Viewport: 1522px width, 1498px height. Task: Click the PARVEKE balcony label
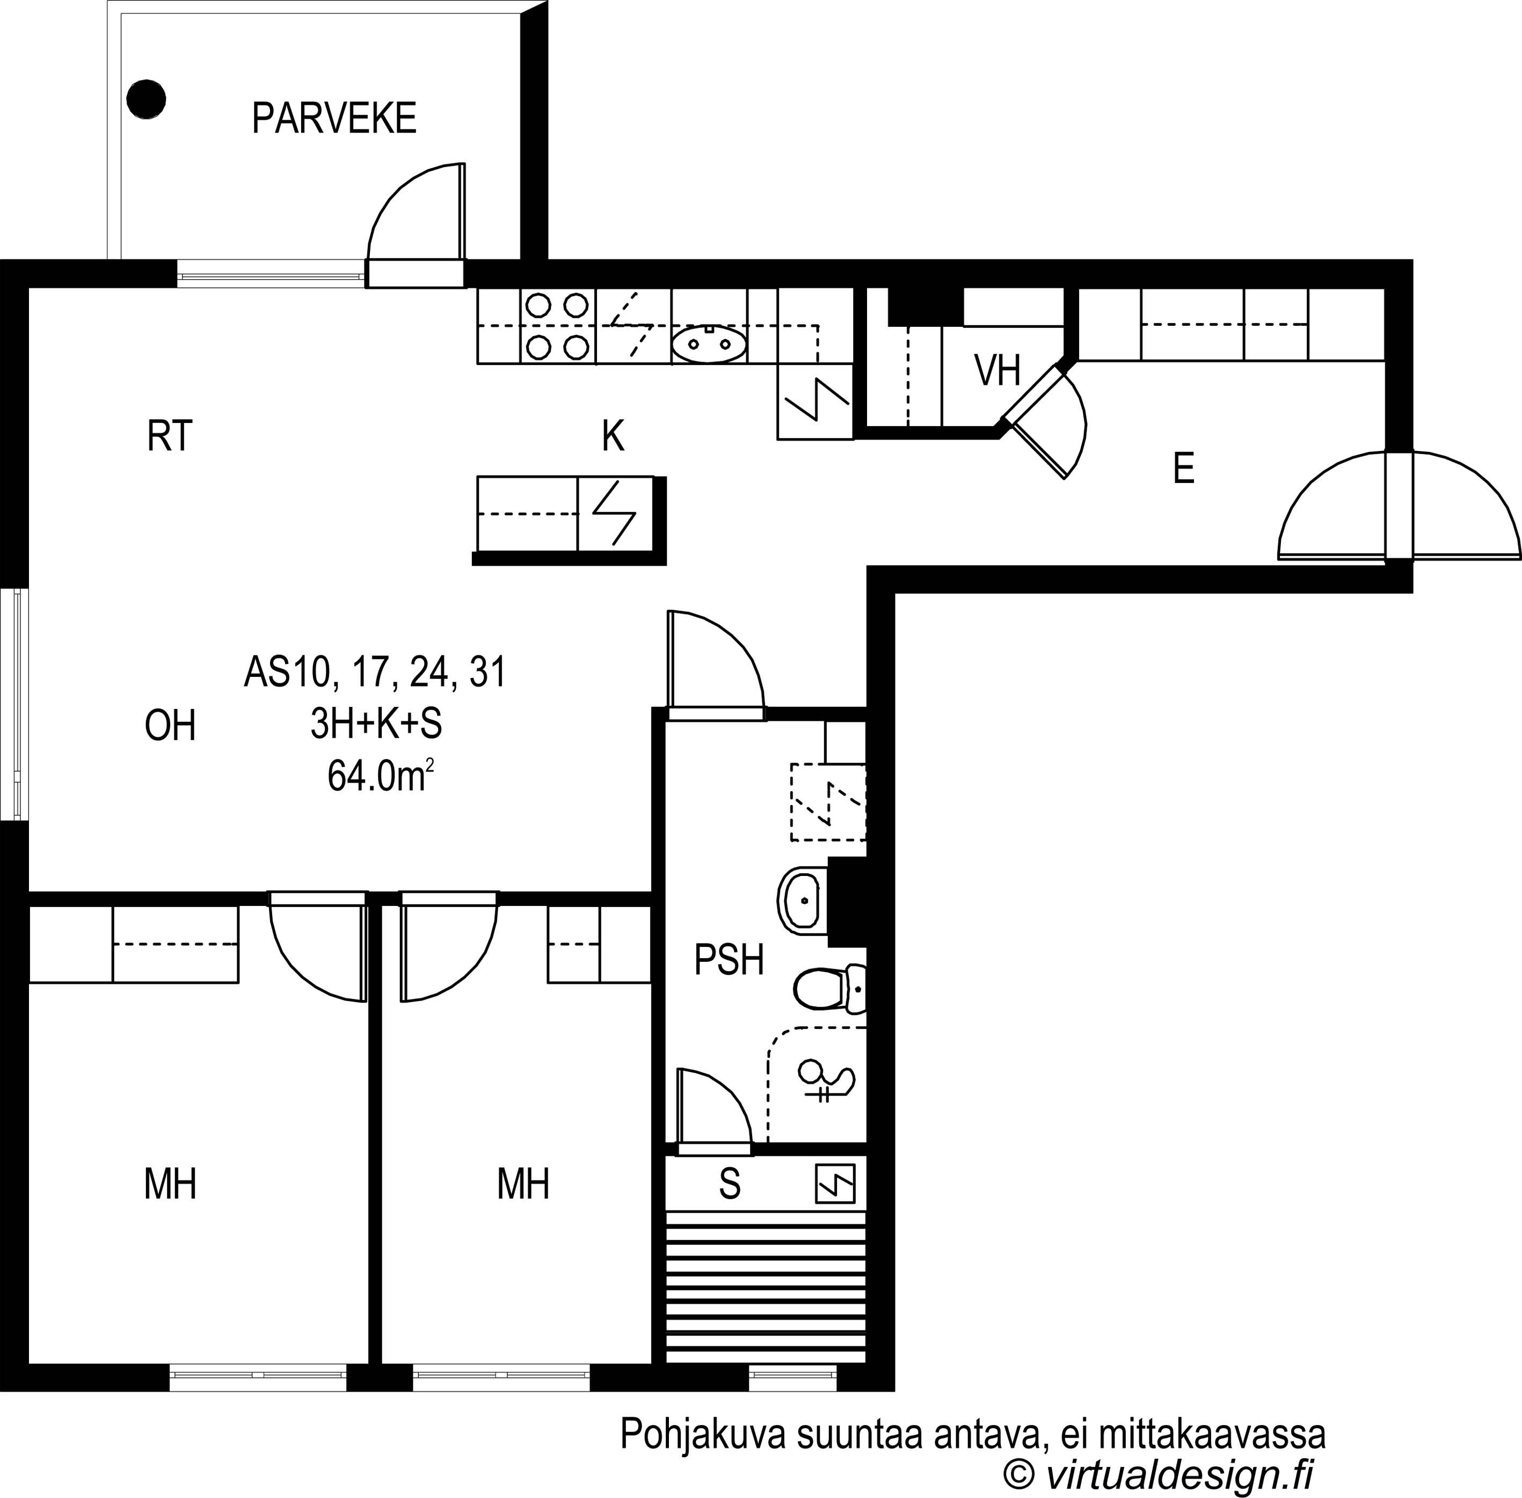pos(334,119)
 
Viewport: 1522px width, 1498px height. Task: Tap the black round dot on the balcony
pos(147,100)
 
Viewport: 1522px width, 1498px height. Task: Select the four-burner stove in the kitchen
pos(558,326)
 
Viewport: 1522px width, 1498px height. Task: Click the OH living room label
pos(170,726)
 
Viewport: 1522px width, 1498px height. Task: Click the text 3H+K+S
pos(376,725)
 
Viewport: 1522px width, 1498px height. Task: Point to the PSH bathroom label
pos(729,960)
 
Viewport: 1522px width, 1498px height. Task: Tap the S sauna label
pos(730,1183)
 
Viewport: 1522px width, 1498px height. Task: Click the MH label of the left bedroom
pos(170,1183)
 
